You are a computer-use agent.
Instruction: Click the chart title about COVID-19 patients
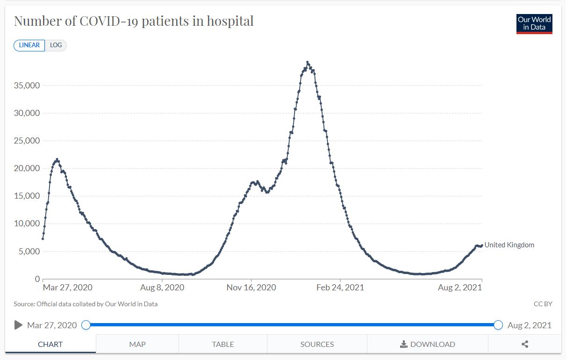pos(134,21)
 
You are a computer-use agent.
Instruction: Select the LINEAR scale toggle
pos(29,45)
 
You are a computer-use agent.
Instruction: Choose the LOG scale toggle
pos(56,45)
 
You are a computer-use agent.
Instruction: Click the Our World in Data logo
pos(534,23)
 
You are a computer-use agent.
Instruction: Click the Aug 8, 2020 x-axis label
pos(163,288)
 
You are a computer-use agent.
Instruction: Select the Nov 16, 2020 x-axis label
pos(251,288)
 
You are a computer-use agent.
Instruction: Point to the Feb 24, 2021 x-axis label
pos(340,288)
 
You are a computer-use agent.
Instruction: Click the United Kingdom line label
pos(509,245)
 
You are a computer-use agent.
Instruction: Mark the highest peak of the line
pos(308,62)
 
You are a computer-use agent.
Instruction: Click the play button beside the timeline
pos(18,325)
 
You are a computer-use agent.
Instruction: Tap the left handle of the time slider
pos(86,325)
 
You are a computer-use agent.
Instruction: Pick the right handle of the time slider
pos(498,325)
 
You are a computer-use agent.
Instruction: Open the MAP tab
pos(137,344)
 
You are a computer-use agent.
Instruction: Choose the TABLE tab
pos(223,344)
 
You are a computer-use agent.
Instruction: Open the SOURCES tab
pos(317,344)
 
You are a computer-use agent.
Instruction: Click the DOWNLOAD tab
pos(428,344)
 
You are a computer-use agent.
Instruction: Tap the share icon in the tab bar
pos(525,344)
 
